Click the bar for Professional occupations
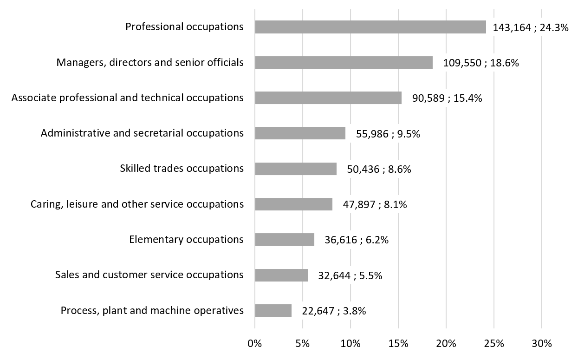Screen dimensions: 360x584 (x=370, y=27)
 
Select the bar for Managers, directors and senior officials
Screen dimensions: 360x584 (x=344, y=63)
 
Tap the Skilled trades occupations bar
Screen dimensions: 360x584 (x=296, y=169)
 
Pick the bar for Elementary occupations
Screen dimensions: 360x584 (x=285, y=240)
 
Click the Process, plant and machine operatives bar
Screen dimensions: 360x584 (x=273, y=310)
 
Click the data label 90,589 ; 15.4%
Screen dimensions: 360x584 (x=447, y=98)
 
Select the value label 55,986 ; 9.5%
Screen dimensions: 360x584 (x=388, y=134)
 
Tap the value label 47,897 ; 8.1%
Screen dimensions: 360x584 (x=375, y=204)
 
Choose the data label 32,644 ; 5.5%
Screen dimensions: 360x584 (x=350, y=275)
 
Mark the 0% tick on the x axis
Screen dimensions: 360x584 (x=255, y=344)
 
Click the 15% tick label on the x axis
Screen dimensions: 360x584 (x=398, y=344)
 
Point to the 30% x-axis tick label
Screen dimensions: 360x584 (x=542, y=344)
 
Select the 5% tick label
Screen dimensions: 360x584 (x=303, y=344)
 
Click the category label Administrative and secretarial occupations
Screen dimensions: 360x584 (x=142, y=133)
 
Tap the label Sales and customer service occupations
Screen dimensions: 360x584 (x=149, y=275)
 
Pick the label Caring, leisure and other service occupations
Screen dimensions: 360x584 (x=137, y=204)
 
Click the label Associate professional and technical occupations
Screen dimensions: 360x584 (x=127, y=98)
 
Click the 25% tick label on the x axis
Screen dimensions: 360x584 (x=494, y=344)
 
